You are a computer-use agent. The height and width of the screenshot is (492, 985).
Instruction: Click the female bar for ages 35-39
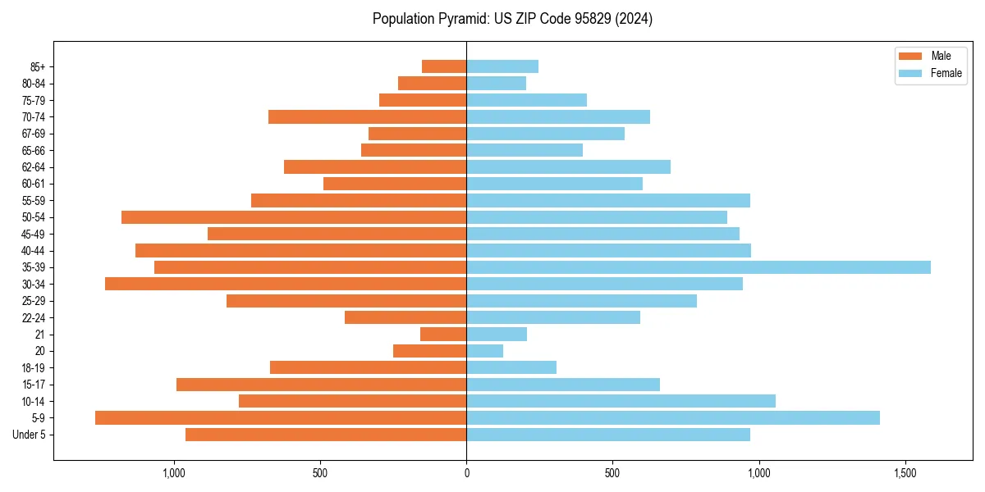(x=699, y=267)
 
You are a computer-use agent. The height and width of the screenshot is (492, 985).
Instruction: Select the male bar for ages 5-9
(x=281, y=418)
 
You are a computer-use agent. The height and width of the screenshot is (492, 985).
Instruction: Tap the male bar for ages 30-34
(x=286, y=284)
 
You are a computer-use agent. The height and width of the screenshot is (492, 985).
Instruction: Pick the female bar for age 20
(x=485, y=351)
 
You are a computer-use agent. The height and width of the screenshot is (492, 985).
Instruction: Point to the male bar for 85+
(x=444, y=66)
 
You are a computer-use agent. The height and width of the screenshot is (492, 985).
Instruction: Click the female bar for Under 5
(x=608, y=435)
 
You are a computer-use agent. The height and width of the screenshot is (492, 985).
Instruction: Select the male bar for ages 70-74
(x=368, y=116)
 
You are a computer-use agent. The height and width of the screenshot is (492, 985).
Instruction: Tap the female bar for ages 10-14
(x=621, y=401)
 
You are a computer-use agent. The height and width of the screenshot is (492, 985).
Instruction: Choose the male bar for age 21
(x=443, y=335)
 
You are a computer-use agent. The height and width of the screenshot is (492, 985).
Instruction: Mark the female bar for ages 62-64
(x=569, y=167)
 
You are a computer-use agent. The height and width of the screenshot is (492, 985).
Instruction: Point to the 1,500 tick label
(x=905, y=473)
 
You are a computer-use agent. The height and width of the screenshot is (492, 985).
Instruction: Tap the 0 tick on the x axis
(x=466, y=473)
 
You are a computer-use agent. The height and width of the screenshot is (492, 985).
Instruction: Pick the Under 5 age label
(x=30, y=435)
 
